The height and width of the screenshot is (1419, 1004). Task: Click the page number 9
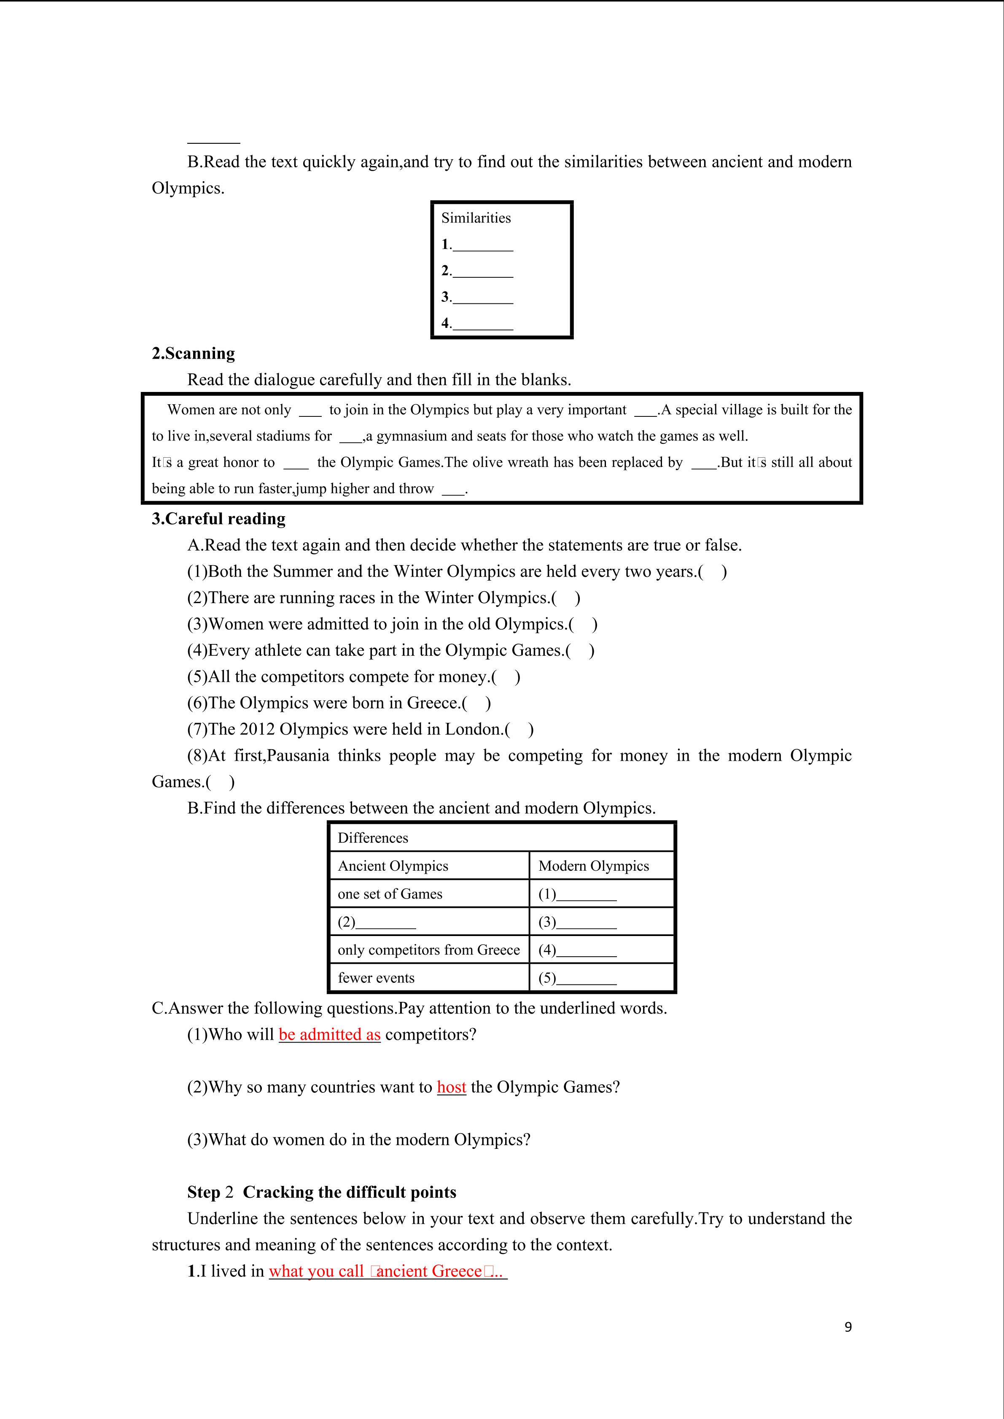point(848,1327)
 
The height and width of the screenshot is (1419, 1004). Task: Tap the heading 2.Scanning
point(194,354)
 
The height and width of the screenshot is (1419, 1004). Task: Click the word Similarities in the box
point(476,218)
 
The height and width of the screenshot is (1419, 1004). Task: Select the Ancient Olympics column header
point(393,866)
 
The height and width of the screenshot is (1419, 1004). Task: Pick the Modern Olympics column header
point(593,866)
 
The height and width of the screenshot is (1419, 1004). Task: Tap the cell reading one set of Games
point(390,894)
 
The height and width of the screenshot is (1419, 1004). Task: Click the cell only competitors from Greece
point(428,950)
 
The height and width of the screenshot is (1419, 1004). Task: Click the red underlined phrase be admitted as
point(329,1035)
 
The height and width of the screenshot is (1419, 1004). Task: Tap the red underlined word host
point(451,1087)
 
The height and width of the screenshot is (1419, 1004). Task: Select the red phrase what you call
point(316,1271)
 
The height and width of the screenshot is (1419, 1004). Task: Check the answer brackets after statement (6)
point(476,703)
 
